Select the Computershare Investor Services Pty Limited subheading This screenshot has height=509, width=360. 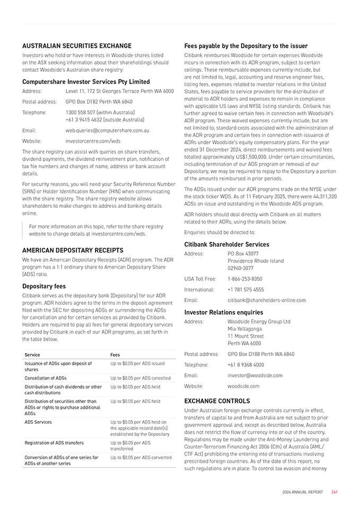[86, 82]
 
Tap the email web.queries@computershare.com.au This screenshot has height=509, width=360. [107, 130]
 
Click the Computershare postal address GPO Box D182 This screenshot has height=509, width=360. [99, 102]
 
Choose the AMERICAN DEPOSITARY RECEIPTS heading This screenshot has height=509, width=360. [73, 250]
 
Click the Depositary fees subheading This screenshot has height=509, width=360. [44, 286]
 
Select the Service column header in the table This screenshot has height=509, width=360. [32, 355]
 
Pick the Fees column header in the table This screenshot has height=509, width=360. [115, 355]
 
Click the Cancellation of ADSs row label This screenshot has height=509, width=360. [46, 378]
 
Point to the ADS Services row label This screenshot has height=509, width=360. [38, 422]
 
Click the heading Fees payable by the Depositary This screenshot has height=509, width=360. [245, 46]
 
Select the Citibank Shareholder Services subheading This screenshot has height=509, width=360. [226, 244]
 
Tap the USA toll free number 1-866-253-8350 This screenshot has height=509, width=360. [245, 279]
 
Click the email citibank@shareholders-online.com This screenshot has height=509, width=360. [267, 300]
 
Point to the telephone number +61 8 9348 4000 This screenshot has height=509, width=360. [245, 365]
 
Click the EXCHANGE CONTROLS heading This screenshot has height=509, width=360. [217, 401]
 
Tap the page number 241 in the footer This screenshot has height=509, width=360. [335, 492]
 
